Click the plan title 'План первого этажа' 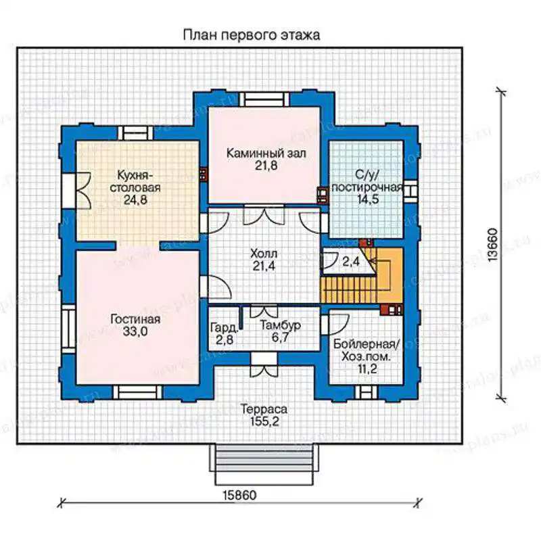click(x=251, y=35)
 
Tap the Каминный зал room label click(x=266, y=154)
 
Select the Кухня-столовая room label click(x=135, y=181)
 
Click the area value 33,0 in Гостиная click(x=135, y=331)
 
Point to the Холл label click(x=264, y=254)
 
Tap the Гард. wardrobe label click(x=225, y=327)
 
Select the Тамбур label click(x=280, y=325)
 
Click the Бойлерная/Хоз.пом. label click(x=367, y=350)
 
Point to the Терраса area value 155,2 click(x=264, y=421)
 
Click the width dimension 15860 click(x=239, y=496)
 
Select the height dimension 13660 click(x=493, y=245)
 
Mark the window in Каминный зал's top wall click(x=264, y=99)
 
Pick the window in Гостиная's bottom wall click(x=138, y=392)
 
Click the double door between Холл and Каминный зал click(x=264, y=214)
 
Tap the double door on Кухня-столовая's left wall click(x=76, y=190)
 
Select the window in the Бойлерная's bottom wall click(x=367, y=392)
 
